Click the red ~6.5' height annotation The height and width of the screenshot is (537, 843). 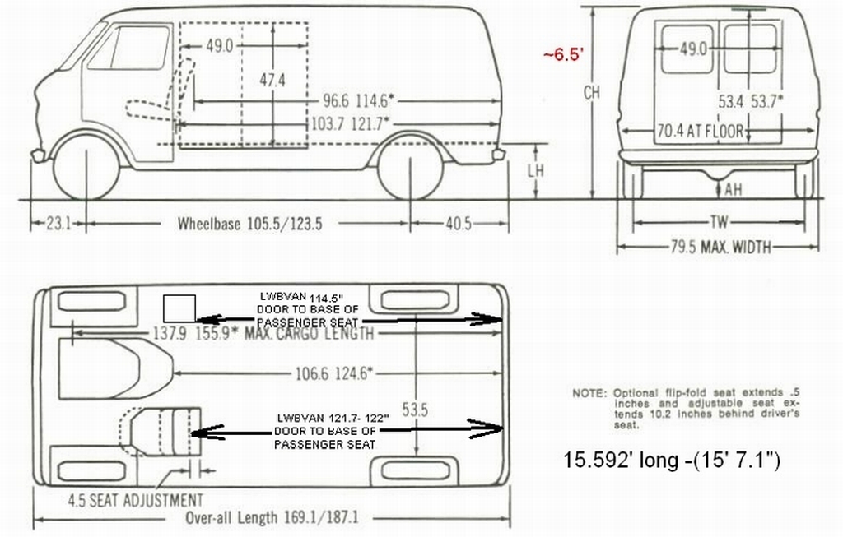point(563,55)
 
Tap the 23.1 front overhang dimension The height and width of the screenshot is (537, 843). point(58,223)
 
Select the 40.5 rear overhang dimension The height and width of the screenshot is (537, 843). point(459,223)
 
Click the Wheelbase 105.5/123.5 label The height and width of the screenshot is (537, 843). point(250,224)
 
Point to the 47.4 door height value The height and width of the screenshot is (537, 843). point(272,81)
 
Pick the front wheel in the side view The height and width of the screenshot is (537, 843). point(86,167)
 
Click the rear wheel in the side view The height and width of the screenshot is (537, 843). point(411,167)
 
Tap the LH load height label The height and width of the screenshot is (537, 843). point(535,171)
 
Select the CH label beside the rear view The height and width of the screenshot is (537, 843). point(591,92)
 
